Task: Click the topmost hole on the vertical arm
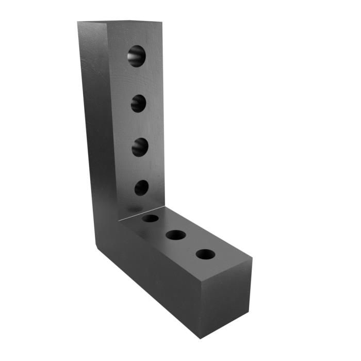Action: [137, 56]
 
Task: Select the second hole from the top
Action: [138, 104]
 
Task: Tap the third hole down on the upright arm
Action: [140, 147]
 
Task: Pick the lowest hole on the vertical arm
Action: [141, 187]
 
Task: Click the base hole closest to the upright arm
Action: [151, 218]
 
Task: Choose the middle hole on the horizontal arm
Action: [176, 235]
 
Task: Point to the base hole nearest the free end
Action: [205, 254]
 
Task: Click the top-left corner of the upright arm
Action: [78, 22]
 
